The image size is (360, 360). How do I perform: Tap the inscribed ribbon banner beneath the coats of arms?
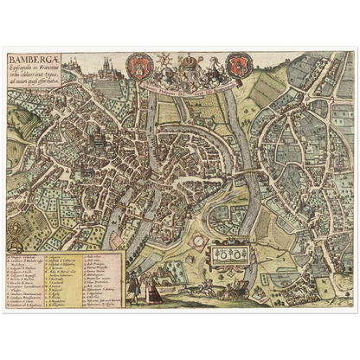coord(189,86)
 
